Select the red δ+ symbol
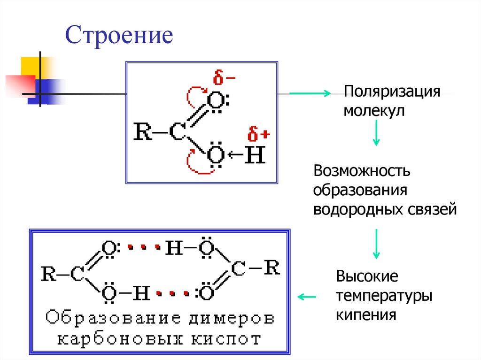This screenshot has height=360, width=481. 259,135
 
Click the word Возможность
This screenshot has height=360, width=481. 362,170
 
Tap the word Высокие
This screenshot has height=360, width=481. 367,276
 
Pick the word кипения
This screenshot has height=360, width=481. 366,314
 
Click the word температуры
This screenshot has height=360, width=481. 384,296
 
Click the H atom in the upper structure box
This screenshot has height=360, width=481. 255,155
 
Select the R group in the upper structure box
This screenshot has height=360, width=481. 142,132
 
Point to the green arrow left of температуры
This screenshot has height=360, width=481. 308,297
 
